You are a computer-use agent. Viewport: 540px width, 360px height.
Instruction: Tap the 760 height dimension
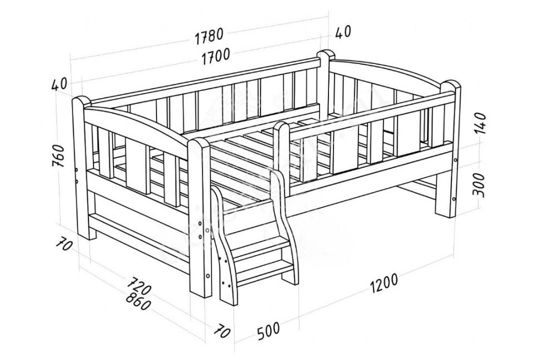click(x=58, y=156)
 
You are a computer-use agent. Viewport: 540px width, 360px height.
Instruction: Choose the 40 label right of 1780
click(x=342, y=32)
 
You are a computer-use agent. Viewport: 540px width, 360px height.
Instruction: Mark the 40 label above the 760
click(x=59, y=85)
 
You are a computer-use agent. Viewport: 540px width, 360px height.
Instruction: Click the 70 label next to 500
click(x=222, y=331)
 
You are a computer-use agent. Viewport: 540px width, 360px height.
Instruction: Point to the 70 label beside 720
click(x=64, y=246)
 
